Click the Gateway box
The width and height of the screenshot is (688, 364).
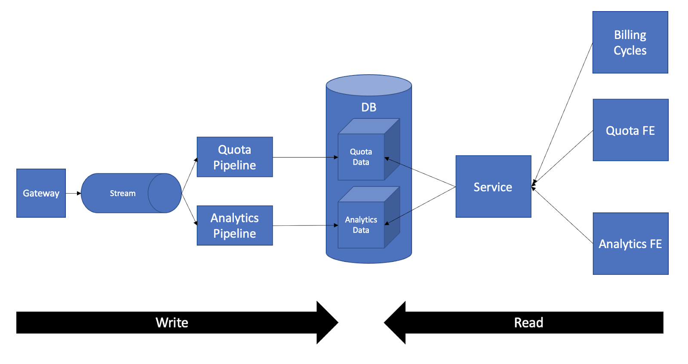coord(41,193)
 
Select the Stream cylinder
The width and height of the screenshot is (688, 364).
coord(123,193)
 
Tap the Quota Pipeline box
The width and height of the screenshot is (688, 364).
coord(234,157)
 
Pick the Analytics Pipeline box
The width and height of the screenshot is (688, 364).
coord(234,226)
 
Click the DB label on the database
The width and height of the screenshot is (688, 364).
coord(369,107)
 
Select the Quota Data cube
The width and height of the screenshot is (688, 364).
coord(361,157)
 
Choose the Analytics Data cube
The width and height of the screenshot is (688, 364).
coord(361,225)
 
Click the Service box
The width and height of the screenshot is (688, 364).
coord(493,187)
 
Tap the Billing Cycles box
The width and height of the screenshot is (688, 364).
coord(630,42)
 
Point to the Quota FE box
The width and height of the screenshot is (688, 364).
coord(630,130)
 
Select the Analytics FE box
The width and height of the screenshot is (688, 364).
coord(630,244)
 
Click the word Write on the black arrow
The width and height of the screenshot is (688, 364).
coord(172,323)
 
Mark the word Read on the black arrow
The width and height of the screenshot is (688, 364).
coord(528,323)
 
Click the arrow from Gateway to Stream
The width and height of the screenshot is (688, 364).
coord(73,193)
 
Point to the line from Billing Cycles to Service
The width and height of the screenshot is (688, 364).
coord(562,114)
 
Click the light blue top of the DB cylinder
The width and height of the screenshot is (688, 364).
coord(369,85)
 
